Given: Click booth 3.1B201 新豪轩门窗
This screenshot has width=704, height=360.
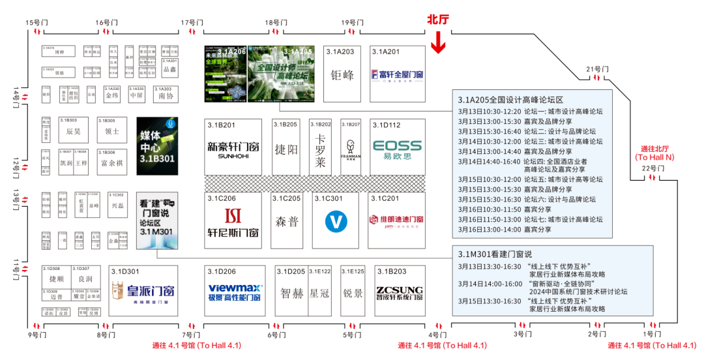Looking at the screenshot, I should pyautogui.click(x=233, y=147).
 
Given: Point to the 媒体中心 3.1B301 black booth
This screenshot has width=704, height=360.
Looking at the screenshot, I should pyautogui.click(x=157, y=146).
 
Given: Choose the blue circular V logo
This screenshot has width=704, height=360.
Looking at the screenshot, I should pyautogui.click(x=336, y=222).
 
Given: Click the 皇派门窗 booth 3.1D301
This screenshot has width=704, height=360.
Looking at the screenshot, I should pyautogui.click(x=143, y=291).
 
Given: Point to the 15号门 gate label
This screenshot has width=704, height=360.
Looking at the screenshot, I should pyautogui.click(x=37, y=23).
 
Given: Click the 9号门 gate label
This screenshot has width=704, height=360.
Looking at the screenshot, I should pyautogui.click(x=38, y=335).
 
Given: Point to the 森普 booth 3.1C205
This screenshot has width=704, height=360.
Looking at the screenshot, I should pyautogui.click(x=287, y=221).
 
